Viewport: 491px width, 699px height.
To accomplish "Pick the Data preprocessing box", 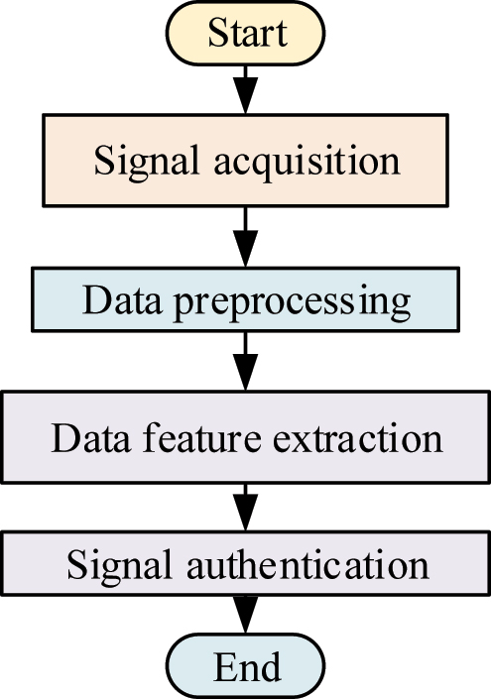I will point(246,300).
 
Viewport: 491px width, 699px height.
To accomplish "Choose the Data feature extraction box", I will point(246,437).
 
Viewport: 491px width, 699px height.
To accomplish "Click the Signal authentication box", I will point(246,565).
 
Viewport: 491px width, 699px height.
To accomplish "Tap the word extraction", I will point(356,437).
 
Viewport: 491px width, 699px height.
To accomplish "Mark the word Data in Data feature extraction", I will point(88,437).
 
